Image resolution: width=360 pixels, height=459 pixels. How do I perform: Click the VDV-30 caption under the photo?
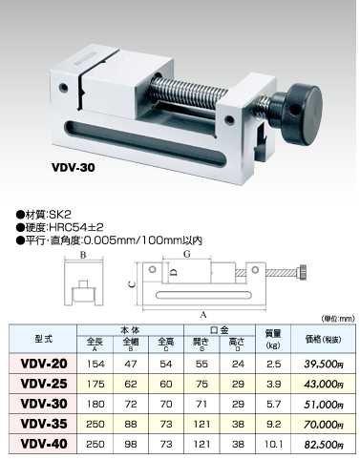tap(74, 168)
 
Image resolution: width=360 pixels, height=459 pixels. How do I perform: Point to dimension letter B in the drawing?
tap(83, 255)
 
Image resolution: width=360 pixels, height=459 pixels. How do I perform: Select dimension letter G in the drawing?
tap(187, 254)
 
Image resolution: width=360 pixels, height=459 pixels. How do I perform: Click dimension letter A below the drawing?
tap(203, 315)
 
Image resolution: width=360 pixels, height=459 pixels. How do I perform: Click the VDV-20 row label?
tap(44, 364)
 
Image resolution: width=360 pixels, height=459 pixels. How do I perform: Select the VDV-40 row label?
tap(44, 444)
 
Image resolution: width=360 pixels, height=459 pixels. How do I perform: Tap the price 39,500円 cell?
tap(324, 365)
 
